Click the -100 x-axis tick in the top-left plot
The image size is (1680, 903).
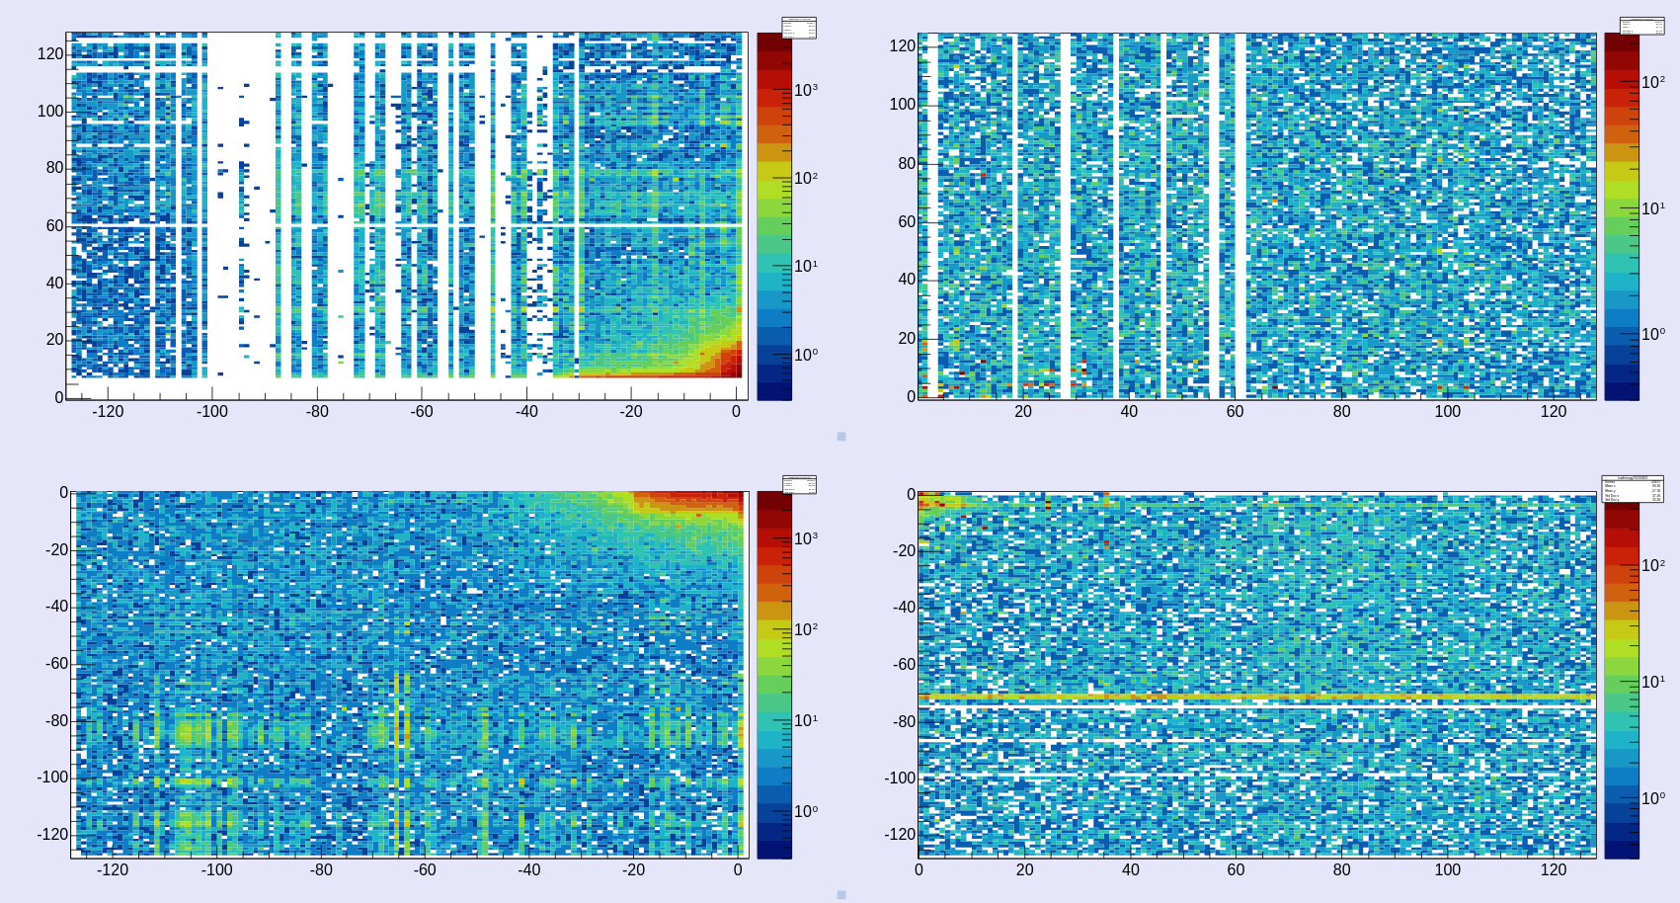click(211, 412)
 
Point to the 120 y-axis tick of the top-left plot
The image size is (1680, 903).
click(50, 54)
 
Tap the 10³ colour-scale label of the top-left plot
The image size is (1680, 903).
click(806, 90)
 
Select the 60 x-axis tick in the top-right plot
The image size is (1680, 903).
click(1235, 412)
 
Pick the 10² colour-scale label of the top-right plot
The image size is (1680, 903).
click(1653, 82)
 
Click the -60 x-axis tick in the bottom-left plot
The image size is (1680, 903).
click(425, 870)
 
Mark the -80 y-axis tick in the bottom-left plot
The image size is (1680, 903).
click(56, 721)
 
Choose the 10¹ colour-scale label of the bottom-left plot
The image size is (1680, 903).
click(806, 720)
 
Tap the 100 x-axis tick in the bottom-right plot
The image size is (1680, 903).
click(1447, 870)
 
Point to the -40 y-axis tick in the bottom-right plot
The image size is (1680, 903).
click(904, 608)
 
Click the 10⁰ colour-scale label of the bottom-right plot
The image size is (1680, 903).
click(1653, 798)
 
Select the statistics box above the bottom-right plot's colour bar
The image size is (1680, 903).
click(1632, 489)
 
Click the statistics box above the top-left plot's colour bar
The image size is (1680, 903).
click(799, 28)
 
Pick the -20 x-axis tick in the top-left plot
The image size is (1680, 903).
click(631, 412)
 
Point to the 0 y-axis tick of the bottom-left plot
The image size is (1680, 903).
click(63, 493)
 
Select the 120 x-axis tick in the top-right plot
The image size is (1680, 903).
click(1554, 412)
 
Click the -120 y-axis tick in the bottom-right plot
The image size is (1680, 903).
click(900, 835)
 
